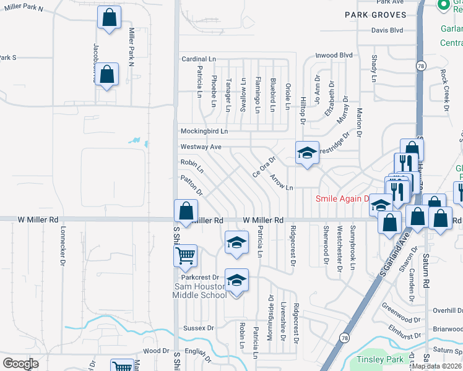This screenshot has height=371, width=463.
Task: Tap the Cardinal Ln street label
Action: coord(197,59)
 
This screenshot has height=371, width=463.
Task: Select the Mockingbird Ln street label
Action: coord(204,131)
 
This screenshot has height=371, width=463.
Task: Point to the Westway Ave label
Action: coord(201,147)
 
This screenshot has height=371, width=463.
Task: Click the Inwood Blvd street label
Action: coord(334,55)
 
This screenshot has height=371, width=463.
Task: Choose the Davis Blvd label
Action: coord(387,30)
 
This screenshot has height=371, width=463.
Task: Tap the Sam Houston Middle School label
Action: coord(199,291)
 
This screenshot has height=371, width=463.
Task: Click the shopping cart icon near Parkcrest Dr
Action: coord(186,255)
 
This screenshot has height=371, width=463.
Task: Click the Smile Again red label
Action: coord(342,199)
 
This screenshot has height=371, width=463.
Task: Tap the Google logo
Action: coord(20,364)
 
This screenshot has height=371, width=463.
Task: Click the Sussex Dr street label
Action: coord(198,328)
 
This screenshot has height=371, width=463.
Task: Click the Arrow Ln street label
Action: coord(281,182)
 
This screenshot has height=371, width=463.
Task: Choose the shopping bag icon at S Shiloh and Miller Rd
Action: coord(186,211)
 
